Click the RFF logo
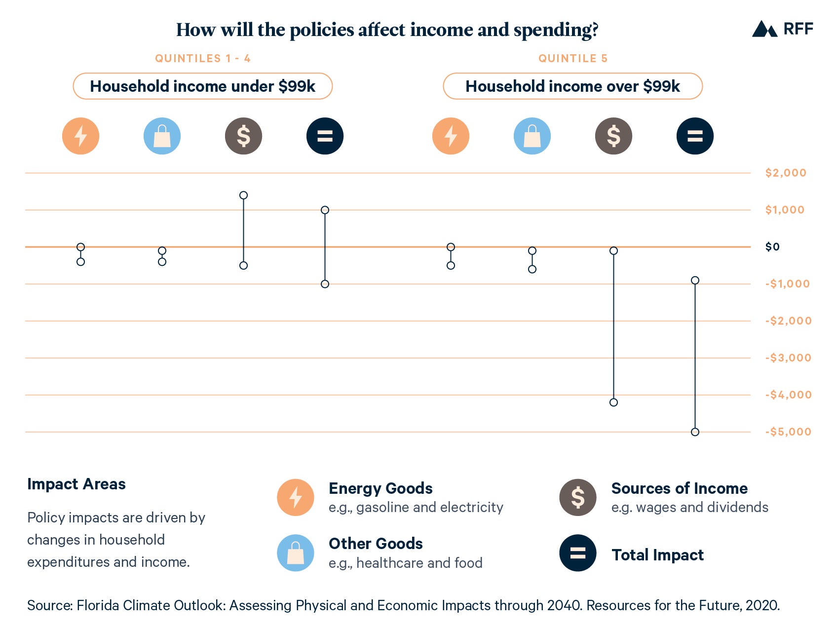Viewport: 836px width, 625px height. [782, 29]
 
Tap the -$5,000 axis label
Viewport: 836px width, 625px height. [788, 432]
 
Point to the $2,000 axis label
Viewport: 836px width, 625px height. [785, 173]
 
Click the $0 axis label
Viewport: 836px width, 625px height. [772, 247]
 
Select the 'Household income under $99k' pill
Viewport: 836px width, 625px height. [202, 86]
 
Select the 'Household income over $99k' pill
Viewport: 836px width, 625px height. [572, 86]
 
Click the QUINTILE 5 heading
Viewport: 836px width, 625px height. [572, 58]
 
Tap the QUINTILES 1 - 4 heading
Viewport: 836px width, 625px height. [203, 58]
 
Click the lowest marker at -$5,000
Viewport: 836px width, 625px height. [695, 432]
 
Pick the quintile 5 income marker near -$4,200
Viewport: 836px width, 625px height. [613, 402]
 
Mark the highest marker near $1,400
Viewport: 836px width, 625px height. [243, 195]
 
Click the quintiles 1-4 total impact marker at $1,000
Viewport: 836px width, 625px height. [325, 210]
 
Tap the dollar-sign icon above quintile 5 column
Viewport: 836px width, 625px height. [613, 136]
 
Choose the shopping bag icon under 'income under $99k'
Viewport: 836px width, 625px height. [162, 136]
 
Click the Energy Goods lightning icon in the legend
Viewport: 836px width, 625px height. [295, 497]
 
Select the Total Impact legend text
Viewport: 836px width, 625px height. [657, 555]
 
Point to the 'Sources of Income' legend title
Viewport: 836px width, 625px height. [679, 488]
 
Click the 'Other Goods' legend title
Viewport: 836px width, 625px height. [376, 544]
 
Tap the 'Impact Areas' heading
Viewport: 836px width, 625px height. [76, 484]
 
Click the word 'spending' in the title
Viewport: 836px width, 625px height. [555, 31]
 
